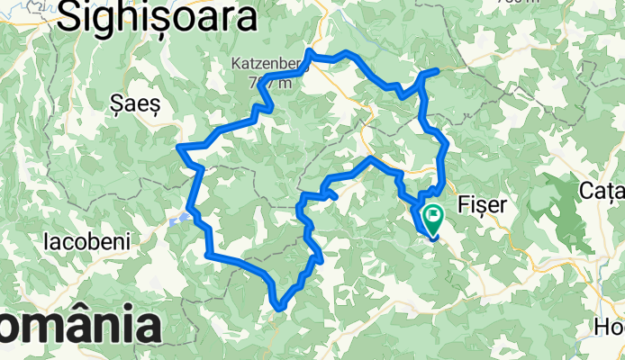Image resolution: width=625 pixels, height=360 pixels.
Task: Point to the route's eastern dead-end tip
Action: [437, 70]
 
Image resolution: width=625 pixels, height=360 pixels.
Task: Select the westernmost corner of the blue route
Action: [180, 146]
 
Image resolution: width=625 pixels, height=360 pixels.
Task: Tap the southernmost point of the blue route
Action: [280, 309]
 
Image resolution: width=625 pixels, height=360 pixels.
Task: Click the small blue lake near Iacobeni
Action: [180, 218]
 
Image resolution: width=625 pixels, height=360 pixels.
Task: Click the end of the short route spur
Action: [335, 194]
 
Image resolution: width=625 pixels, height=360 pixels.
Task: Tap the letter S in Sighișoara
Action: [68, 20]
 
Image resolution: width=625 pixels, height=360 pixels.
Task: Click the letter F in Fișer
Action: [464, 204]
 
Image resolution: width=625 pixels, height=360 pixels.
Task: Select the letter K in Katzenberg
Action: [236, 65]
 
